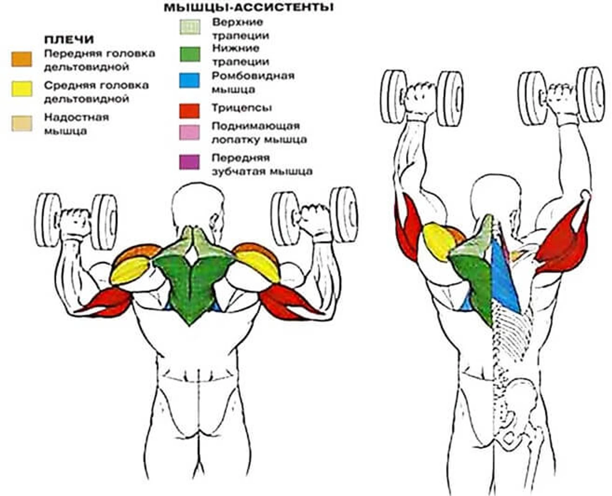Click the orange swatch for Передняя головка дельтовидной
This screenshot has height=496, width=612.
(21, 59)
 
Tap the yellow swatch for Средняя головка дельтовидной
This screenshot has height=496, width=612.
(21, 89)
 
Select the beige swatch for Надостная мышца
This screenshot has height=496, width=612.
(21, 123)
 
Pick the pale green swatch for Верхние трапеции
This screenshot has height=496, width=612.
(189, 27)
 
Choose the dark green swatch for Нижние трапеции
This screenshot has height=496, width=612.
(189, 54)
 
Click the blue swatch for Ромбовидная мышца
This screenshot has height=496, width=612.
(189, 80)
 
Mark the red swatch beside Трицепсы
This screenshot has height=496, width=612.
(189, 111)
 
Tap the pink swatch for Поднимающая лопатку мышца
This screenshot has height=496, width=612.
(189, 132)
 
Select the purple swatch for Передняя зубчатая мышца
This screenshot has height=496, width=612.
(189, 162)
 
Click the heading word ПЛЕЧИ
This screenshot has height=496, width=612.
(69, 40)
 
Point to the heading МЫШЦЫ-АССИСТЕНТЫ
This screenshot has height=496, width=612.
(249, 8)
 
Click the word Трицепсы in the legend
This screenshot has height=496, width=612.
(242, 108)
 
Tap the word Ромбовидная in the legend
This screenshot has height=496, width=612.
(253, 76)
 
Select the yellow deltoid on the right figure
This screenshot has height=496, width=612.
(438, 241)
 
